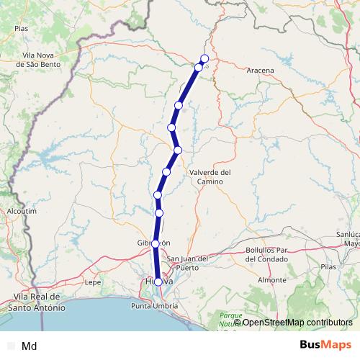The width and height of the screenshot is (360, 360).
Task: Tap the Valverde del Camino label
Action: [x=210, y=177]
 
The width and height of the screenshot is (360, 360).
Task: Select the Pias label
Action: [x=21, y=28]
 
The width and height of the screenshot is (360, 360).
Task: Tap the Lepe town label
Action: [x=93, y=282]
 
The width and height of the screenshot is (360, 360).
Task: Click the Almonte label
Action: [x=272, y=279]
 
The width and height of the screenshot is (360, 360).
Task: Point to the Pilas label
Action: [x=328, y=266]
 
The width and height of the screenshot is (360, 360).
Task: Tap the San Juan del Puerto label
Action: [x=187, y=262]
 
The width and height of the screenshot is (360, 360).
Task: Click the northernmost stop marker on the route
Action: [x=204, y=58]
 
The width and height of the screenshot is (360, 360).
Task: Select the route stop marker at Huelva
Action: [x=158, y=282]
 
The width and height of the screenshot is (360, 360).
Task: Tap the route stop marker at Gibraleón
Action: [x=156, y=244]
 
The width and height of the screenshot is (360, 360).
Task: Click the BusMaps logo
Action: [x=326, y=346]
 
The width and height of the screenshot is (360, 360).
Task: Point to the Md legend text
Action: [x=30, y=346]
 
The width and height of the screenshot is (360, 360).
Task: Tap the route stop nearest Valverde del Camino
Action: [x=178, y=150]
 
